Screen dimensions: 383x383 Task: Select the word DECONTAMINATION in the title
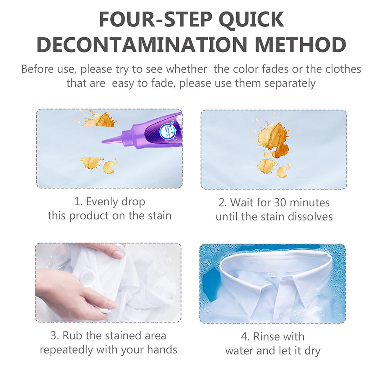[x=142, y=45]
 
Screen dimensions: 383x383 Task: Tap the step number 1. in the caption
[x=78, y=201]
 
